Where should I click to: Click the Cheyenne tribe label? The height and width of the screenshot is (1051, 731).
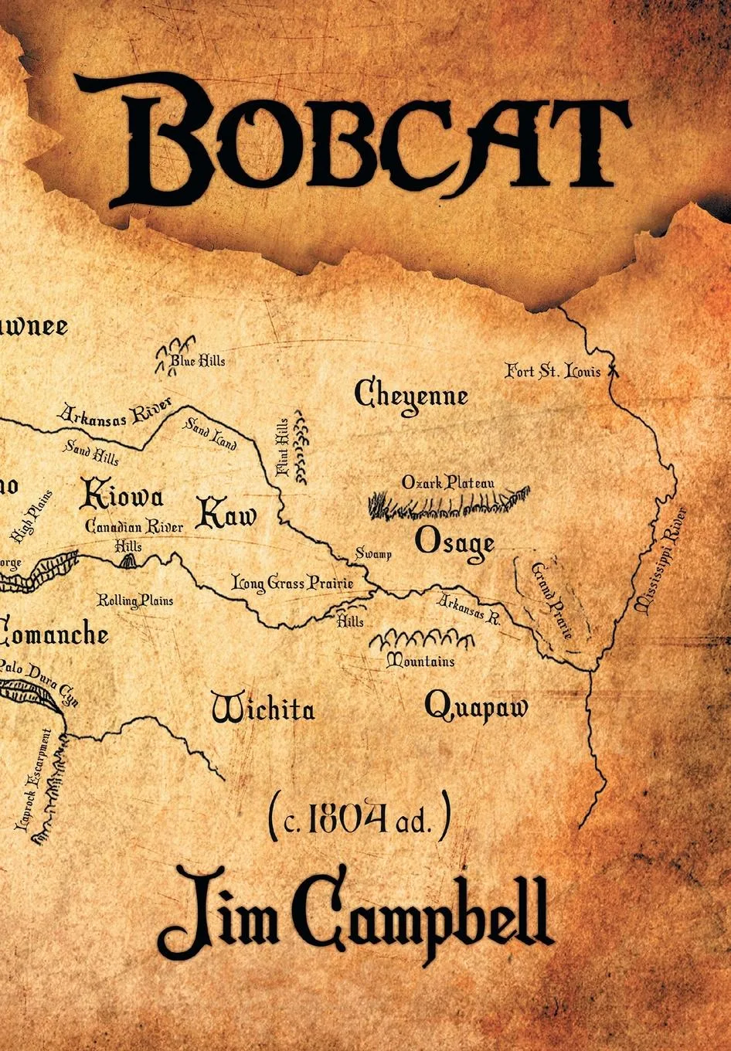(x=411, y=395)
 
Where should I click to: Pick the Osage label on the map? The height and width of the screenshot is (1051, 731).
(x=454, y=543)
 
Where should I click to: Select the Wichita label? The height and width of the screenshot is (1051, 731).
(x=263, y=708)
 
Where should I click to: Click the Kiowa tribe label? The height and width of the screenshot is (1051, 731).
(x=121, y=495)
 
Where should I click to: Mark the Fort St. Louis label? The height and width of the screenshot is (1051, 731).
(x=552, y=372)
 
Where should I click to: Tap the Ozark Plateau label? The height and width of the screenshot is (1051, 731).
(x=447, y=483)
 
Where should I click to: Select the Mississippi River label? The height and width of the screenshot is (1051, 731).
(x=660, y=560)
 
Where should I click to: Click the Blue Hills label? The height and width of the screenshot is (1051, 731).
(x=198, y=361)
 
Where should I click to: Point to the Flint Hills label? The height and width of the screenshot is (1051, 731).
(x=283, y=447)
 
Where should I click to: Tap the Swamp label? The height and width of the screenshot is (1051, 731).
(x=373, y=553)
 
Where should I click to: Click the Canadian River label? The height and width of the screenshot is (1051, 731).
(x=134, y=527)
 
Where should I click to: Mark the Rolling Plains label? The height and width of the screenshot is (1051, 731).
(x=134, y=600)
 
